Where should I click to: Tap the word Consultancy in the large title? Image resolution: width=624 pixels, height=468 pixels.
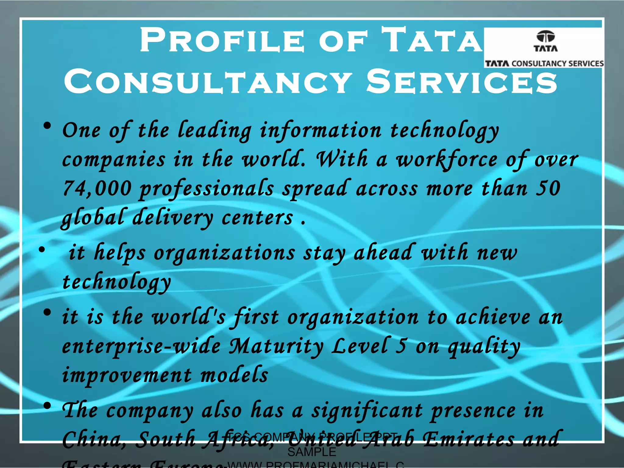pos(208,82)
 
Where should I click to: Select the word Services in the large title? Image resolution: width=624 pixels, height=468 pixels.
pos(462,82)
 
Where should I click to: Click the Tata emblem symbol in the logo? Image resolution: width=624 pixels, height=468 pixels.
pos(545,37)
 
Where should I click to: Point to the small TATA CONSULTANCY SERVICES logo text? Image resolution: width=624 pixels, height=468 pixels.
pos(544,63)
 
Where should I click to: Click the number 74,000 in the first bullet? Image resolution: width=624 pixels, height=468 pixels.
pos(97,189)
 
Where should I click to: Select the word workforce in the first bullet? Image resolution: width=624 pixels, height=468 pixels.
pos(447,160)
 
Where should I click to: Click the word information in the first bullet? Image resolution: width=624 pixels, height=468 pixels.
pos(321,130)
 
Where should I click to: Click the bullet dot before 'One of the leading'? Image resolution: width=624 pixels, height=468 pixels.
pos(47,126)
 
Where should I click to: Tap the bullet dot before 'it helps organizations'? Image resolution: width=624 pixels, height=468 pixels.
pos(42,250)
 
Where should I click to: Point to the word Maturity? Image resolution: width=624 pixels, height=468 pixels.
pos(276,346)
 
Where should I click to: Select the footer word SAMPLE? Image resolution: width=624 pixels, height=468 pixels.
pos(312,452)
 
